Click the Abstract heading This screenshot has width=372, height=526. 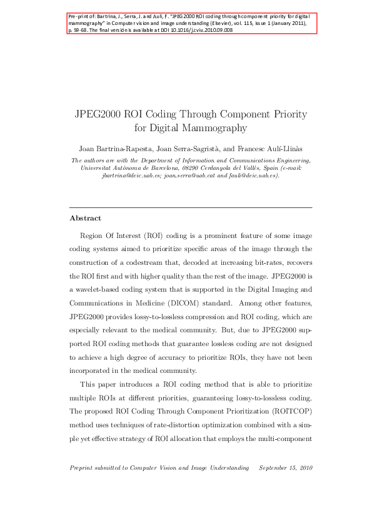coord(85,219)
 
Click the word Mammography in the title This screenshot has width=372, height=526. coord(218,128)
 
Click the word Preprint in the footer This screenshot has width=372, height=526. coord(83,468)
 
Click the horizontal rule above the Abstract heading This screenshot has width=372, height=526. coord(190,207)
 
